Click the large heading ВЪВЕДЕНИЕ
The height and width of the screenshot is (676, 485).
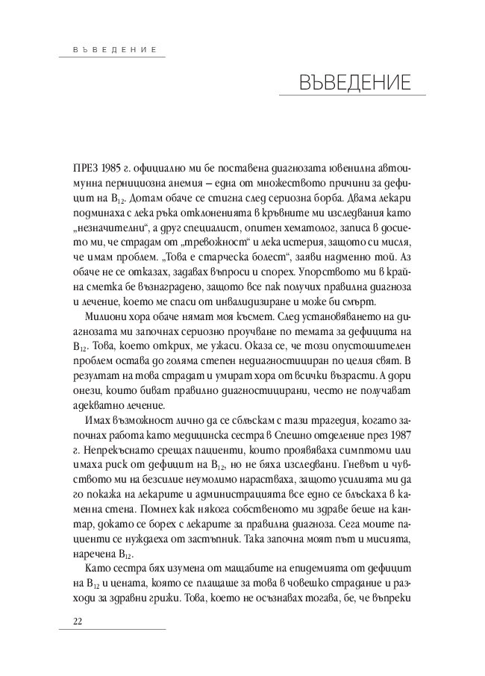click(353, 81)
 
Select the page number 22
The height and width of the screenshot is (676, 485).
click(78, 622)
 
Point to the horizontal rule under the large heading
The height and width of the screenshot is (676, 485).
click(353, 96)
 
